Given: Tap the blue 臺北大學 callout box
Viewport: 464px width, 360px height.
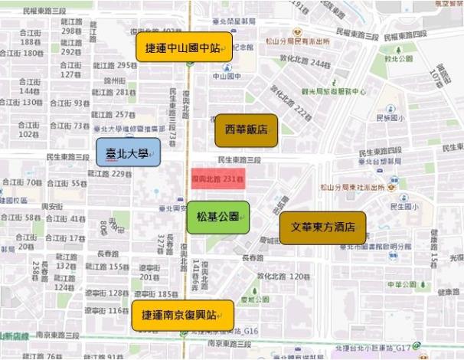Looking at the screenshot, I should click(128, 152).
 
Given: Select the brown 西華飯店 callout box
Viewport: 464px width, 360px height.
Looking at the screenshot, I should click(246, 130).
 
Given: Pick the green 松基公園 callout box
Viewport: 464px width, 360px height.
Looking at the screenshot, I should click(218, 217).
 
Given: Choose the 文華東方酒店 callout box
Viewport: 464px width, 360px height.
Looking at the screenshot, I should click(322, 227).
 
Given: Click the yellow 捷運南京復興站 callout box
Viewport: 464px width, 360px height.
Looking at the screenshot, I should click(182, 315).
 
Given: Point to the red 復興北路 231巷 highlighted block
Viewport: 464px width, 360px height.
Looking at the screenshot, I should click(217, 178).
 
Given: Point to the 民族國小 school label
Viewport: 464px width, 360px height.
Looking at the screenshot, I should click(389, 118).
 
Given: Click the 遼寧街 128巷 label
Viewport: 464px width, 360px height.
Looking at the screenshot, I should click(106, 293).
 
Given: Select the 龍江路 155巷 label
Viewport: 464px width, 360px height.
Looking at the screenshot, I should click(106, 267).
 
